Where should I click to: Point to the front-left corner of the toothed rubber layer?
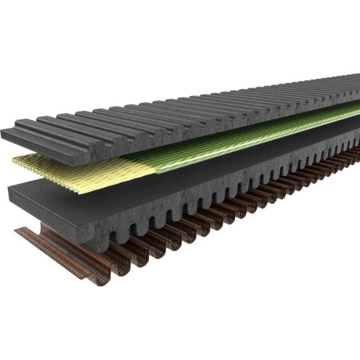[10, 191]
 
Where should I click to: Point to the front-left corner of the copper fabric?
[16, 232]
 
